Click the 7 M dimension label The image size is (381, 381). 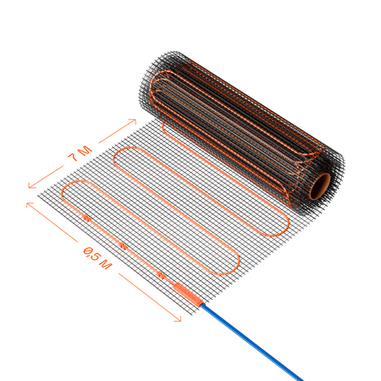80,153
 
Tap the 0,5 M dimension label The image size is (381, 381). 97,257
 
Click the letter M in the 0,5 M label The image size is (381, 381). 106,264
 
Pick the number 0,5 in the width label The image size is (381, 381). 91,253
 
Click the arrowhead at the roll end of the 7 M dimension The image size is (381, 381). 133,121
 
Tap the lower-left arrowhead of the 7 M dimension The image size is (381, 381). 31,185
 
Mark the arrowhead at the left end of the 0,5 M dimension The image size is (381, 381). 30,204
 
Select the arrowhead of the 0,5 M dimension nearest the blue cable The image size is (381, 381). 178,319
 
